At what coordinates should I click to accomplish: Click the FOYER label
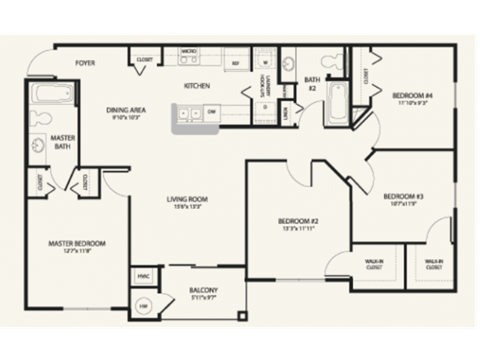point(85,62)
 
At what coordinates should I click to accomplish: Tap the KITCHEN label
point(196,86)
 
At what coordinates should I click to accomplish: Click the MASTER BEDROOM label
point(77,245)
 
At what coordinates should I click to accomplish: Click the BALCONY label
point(203,293)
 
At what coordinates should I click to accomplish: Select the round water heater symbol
point(143,306)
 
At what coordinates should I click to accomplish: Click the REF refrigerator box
point(235,63)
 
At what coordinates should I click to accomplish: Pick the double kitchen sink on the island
point(185,114)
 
